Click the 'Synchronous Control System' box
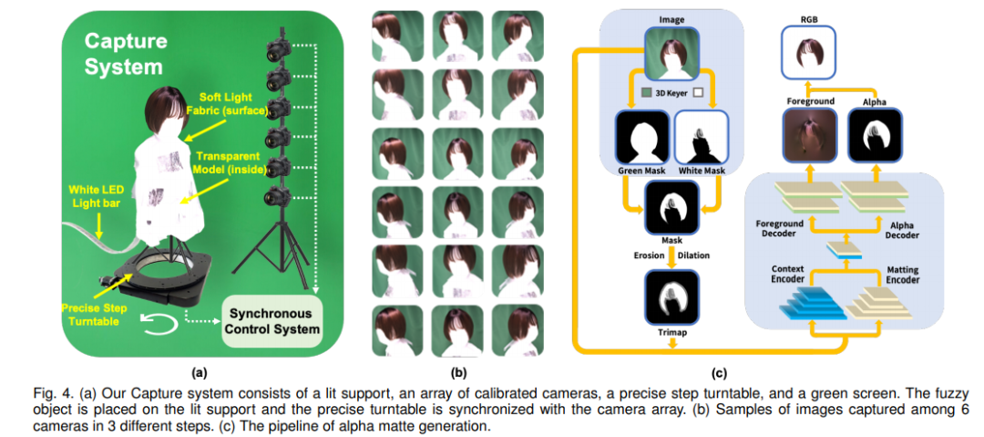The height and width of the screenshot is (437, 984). [x=273, y=320]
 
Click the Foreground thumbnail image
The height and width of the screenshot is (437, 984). [x=810, y=138]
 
